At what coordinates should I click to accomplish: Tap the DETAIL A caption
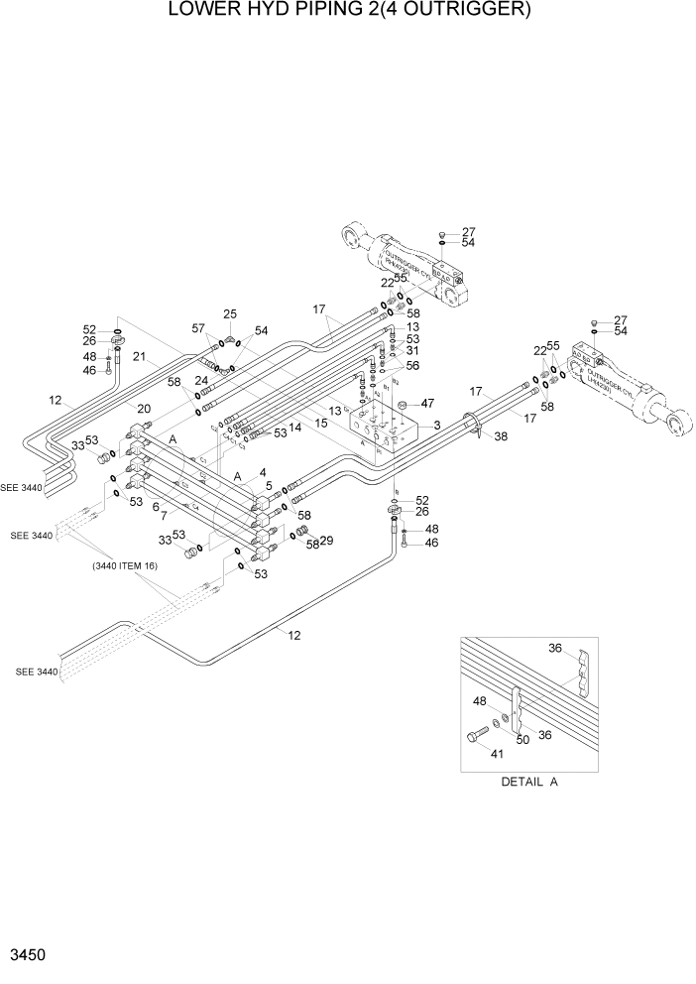tap(528, 782)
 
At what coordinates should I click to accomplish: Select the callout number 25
tap(230, 314)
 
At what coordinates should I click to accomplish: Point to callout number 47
tap(428, 404)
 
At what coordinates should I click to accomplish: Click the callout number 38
tap(501, 436)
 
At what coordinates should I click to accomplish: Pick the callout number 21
tap(140, 357)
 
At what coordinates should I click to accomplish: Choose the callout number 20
tap(144, 408)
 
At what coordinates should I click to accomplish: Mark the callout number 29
tap(326, 541)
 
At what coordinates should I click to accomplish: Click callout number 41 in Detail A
tap(498, 753)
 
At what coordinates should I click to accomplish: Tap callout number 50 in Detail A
tap(522, 738)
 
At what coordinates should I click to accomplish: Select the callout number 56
tap(411, 365)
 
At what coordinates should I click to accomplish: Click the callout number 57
tap(197, 327)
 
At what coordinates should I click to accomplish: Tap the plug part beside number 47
tap(404, 405)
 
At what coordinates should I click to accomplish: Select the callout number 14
tap(294, 428)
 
